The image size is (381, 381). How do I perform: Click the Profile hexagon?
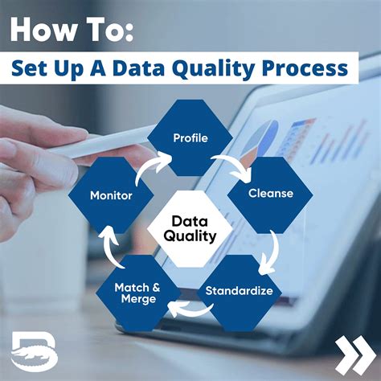(190, 138)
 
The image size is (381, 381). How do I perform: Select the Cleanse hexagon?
(269, 193)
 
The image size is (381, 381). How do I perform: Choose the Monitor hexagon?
(111, 195)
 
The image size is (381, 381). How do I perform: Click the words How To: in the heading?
(73, 31)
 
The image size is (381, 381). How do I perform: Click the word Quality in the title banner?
(217, 68)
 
